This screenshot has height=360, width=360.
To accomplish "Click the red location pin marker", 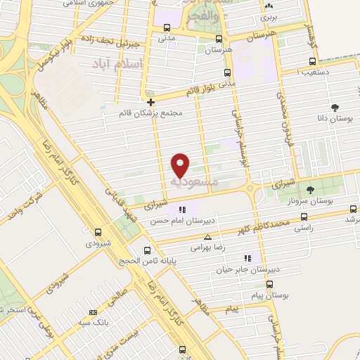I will click(x=181, y=163).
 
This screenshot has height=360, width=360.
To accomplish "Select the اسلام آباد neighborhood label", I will click(x=117, y=65).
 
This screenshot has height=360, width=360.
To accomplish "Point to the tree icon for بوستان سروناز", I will click(x=311, y=190).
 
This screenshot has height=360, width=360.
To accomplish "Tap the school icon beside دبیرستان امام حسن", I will click(x=183, y=209).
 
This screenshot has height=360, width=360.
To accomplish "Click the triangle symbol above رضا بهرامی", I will click(x=207, y=237).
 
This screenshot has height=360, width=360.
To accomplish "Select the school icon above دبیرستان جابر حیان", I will click(x=246, y=258).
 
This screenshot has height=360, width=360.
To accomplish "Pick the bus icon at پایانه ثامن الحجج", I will click(x=146, y=250).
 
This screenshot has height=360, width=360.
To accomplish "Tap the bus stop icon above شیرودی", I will click(x=97, y=231).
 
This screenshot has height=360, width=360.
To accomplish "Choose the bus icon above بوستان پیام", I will click(x=269, y=284).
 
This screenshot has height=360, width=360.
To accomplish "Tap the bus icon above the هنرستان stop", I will click(x=219, y=39).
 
